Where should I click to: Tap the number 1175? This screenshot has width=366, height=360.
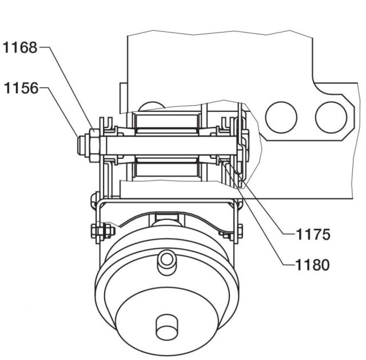(x=313, y=234)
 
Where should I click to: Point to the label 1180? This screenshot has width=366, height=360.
(x=313, y=265)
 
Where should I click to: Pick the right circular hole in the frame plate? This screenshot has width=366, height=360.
(x=331, y=116)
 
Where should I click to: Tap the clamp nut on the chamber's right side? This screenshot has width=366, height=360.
(x=239, y=231)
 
